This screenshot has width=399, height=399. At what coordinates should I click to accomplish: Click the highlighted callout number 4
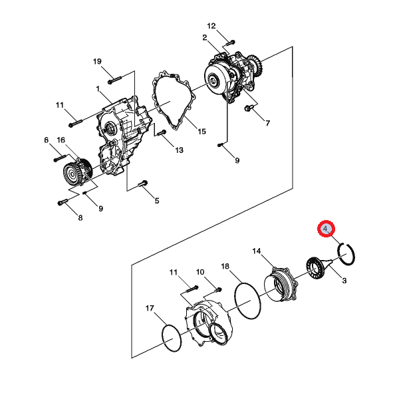(326, 229)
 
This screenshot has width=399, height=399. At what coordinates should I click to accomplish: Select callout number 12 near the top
(211, 26)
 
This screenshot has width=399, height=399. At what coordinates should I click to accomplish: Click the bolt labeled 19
(114, 80)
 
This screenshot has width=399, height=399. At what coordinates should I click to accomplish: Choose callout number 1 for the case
(98, 89)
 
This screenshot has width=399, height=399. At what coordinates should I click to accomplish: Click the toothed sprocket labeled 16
(77, 172)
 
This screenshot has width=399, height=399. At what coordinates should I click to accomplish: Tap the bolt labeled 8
(63, 202)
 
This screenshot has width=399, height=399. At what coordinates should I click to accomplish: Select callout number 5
(157, 201)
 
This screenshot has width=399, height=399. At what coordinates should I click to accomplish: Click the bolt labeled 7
(248, 108)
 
